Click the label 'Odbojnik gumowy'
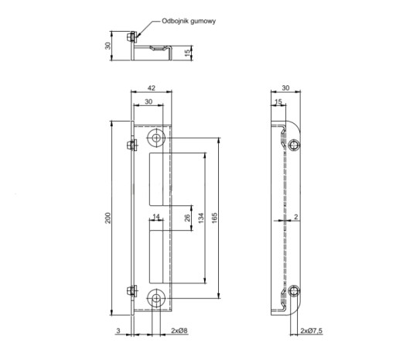pos(189,21)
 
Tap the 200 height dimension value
pos(108,218)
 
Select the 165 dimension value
pos(214,218)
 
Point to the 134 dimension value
pos(201,218)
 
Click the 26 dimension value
pos(187,218)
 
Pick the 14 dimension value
pos(156,217)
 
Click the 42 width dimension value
pos(152,88)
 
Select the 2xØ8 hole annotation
pos(179,331)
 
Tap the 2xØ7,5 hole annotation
pos(312,331)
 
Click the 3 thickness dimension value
pos(118,331)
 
